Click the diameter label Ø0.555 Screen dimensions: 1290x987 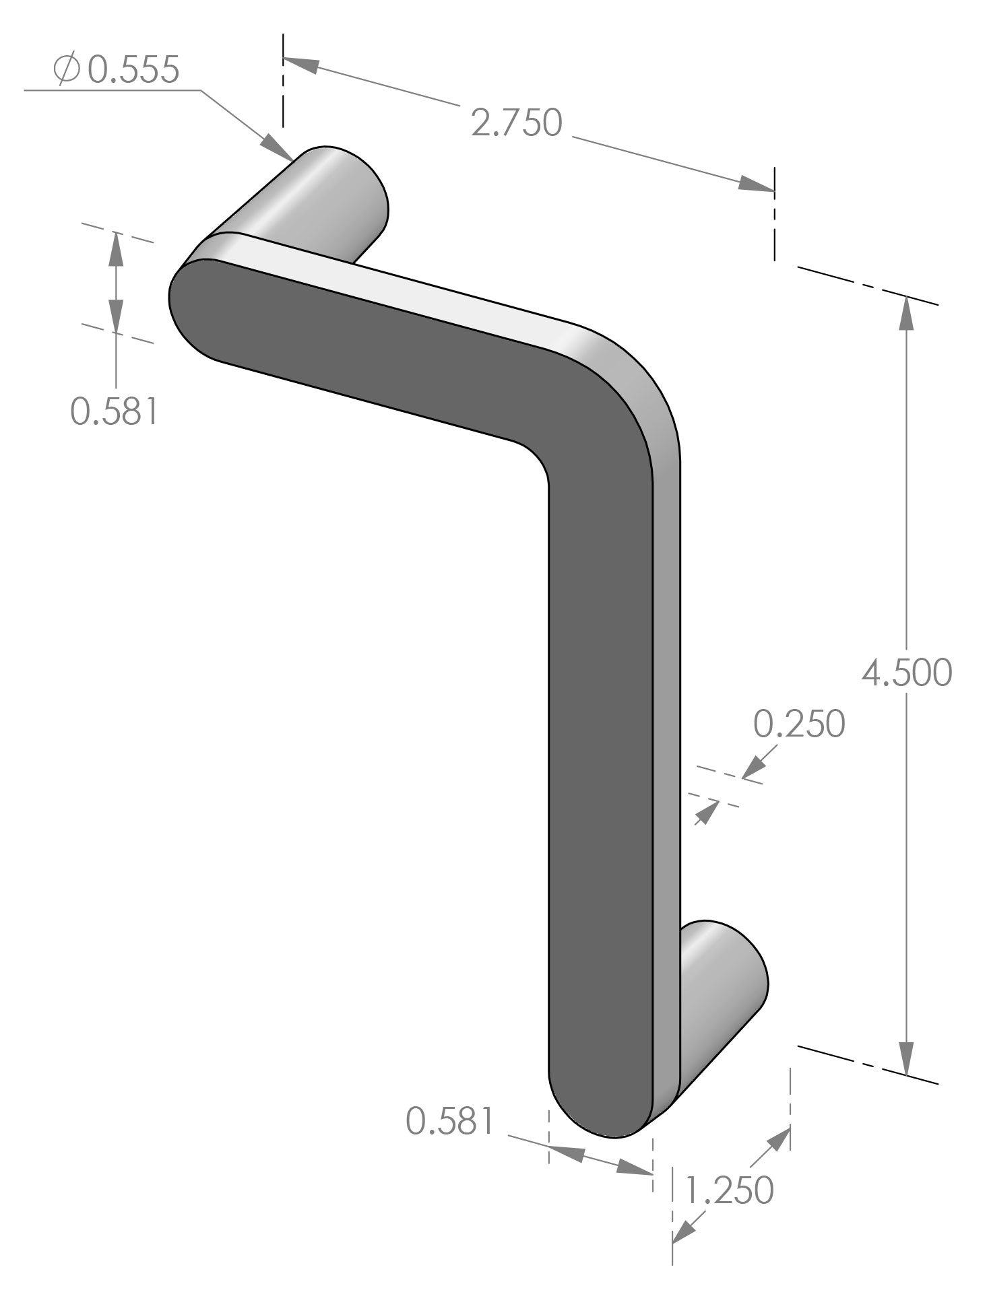click(x=118, y=70)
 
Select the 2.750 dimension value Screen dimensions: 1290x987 click(x=516, y=124)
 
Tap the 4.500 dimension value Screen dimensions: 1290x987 click(x=907, y=673)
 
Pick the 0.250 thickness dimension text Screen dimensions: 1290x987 click(x=798, y=724)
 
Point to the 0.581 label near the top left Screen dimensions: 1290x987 click(x=115, y=411)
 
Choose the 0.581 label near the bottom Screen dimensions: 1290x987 click(x=450, y=1122)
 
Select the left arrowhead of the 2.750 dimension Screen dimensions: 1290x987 click(x=300, y=64)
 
